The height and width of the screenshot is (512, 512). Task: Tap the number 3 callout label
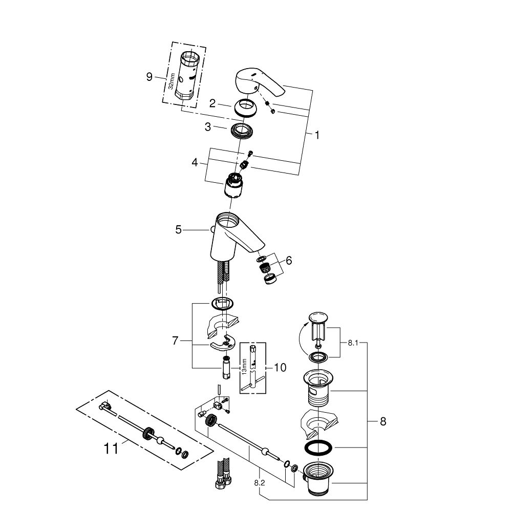coord(208,126)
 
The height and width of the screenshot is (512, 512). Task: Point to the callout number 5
coord(178,230)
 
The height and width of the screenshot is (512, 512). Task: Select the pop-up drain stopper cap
coord(317,318)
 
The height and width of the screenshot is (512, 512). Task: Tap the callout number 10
coord(280,367)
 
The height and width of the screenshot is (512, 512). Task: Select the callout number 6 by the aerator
coord(289,261)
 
